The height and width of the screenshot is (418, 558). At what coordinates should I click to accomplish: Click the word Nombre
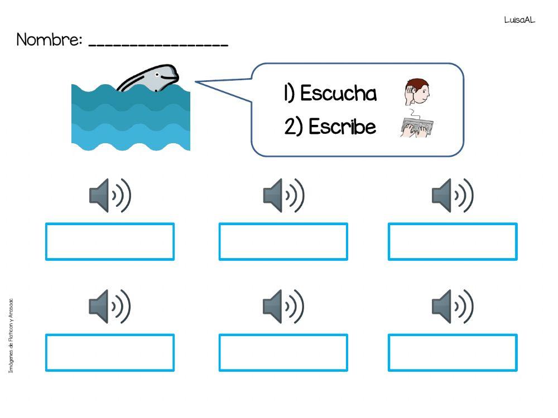tap(49, 40)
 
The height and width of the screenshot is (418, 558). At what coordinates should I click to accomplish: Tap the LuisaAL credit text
tap(519, 20)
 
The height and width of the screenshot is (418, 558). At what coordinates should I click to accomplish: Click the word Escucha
tap(338, 94)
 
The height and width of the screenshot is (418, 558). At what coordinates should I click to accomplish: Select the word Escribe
tap(342, 127)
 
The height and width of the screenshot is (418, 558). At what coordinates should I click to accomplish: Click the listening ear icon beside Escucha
tap(417, 93)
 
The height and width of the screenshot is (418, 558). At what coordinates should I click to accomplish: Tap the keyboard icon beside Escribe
tap(417, 127)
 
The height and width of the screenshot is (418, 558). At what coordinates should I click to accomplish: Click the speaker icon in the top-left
tap(110, 196)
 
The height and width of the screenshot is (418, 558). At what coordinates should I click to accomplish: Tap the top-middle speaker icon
tap(283, 196)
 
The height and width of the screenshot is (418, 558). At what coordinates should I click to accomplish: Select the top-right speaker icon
tap(453, 196)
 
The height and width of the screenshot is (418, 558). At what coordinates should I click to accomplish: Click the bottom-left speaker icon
tap(110, 307)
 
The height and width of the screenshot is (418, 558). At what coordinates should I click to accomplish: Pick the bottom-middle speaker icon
tap(283, 307)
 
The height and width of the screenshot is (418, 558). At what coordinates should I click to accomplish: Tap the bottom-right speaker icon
tap(453, 307)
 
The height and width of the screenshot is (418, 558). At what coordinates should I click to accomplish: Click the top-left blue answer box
tap(110, 242)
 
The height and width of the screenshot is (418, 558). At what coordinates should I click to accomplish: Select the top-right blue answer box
tap(453, 242)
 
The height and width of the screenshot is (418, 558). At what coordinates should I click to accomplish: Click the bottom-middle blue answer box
tap(283, 353)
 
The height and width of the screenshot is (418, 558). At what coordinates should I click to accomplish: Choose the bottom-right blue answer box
tap(453, 353)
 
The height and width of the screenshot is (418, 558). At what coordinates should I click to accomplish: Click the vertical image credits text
tap(11, 337)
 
